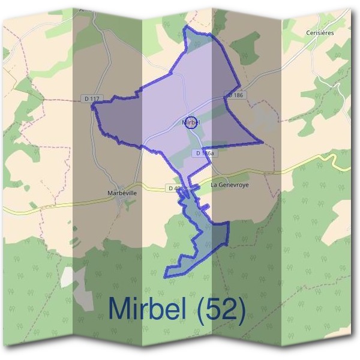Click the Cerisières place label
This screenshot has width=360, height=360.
point(319,33)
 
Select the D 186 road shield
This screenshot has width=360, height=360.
point(235,95)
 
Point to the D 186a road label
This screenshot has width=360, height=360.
point(204,154)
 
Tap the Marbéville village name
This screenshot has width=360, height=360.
point(121,193)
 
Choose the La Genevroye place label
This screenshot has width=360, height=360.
point(229,185)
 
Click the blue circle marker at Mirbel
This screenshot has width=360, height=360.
point(191,122)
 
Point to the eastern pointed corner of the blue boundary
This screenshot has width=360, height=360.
point(262,142)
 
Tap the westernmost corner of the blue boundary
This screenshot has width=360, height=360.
point(92,107)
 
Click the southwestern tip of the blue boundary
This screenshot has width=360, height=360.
point(166,277)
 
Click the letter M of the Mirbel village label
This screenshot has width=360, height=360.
point(183,122)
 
